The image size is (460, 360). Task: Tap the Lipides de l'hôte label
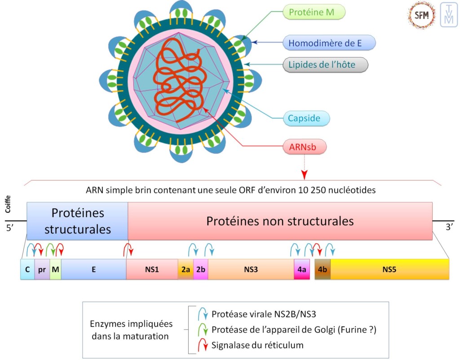326,65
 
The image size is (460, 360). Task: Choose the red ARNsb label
305,146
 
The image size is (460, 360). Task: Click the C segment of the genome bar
27,269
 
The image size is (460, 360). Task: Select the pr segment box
42,269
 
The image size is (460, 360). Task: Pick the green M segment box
56,269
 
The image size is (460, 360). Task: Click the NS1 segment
152,269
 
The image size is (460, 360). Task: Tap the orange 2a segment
186,269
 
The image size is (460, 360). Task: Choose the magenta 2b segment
201,269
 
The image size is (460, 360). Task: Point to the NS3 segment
251,269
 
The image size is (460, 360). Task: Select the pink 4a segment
302,269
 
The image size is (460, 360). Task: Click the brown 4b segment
323,269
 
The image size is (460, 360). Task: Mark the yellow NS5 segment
389,269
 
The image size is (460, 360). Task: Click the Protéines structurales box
77,220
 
